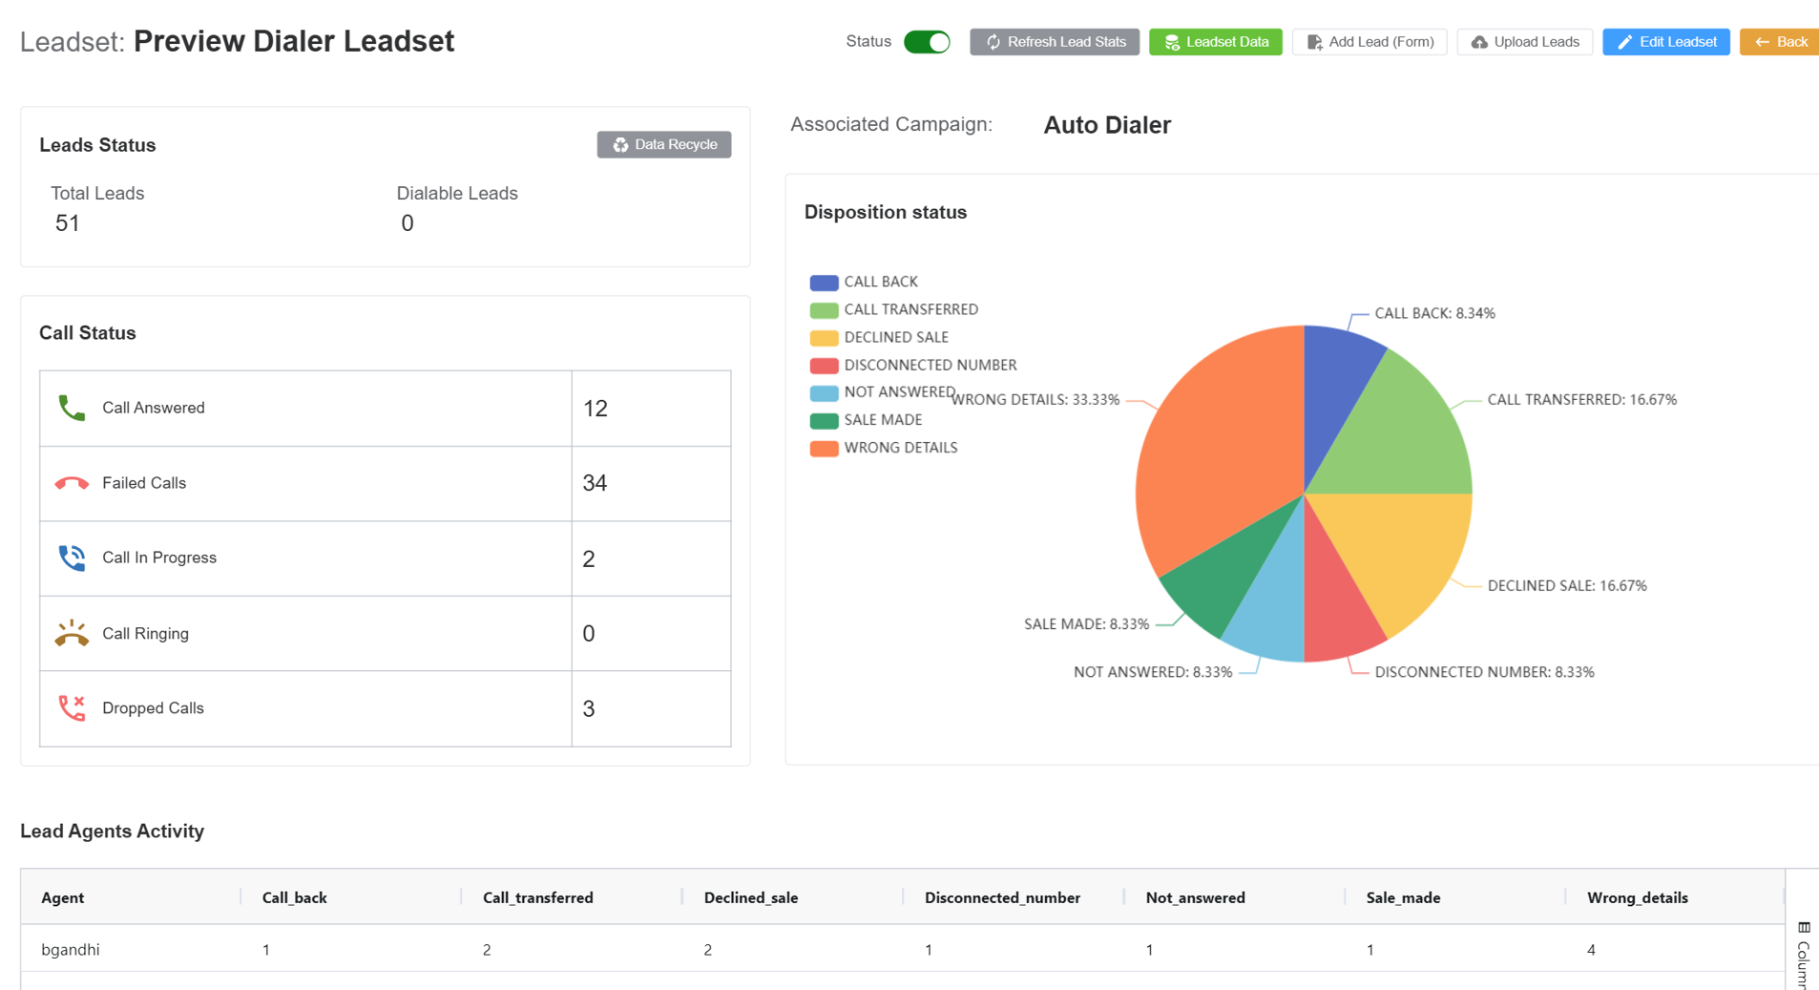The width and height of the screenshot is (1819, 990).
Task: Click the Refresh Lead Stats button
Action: pyautogui.click(x=1055, y=42)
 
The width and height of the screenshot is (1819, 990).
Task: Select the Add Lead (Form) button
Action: pyautogui.click(x=1369, y=42)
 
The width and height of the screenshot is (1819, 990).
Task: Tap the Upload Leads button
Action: pyautogui.click(x=1525, y=42)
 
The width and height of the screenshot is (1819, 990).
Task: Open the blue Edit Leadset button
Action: pyautogui.click(x=1665, y=42)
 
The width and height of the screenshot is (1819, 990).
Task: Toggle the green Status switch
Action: pyautogui.click(x=927, y=42)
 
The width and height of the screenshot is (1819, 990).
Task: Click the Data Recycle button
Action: pyautogui.click(x=664, y=144)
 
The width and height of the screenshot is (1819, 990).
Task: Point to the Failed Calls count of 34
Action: pyautogui.click(x=595, y=483)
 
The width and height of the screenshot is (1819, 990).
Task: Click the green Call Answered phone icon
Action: pyautogui.click(x=72, y=408)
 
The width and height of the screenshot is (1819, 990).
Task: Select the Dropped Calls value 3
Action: pyautogui.click(x=589, y=708)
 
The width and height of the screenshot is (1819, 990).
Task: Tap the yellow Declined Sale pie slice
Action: pyautogui.click(x=1403, y=554)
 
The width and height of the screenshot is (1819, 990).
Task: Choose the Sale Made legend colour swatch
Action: pyautogui.click(x=824, y=420)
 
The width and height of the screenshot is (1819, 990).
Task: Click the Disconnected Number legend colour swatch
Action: pyautogui.click(x=824, y=366)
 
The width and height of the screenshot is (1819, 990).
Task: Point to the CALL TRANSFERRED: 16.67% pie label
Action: pyautogui.click(x=1581, y=400)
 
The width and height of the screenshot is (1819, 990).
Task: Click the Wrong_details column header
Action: pyautogui.click(x=1637, y=897)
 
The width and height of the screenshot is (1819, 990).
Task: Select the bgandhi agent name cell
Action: pyautogui.click(x=71, y=950)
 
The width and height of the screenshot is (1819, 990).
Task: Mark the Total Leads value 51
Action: pyautogui.click(x=67, y=223)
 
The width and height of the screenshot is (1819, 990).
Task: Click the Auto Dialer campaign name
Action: pyautogui.click(x=1107, y=125)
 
